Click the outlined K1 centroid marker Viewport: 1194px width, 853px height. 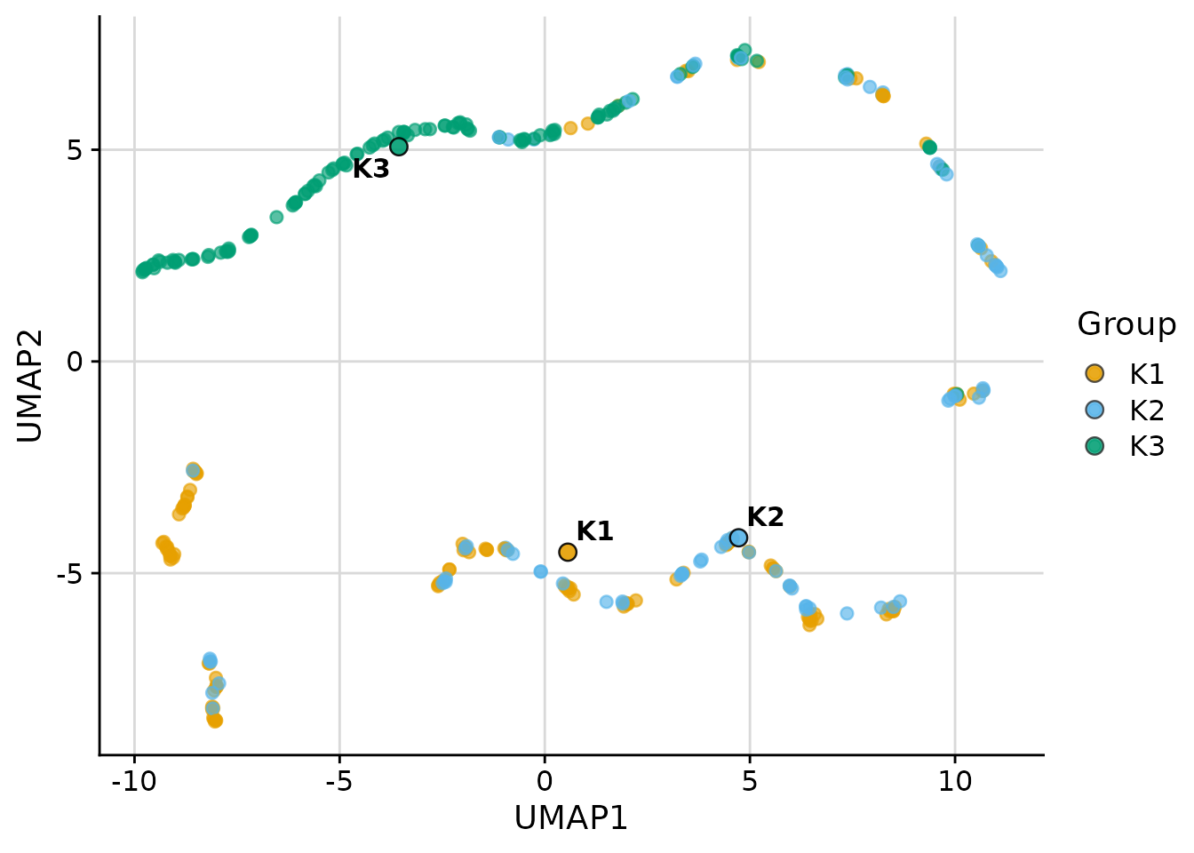(568, 552)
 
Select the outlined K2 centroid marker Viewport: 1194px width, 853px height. (738, 538)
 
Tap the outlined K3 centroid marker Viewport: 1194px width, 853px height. (399, 147)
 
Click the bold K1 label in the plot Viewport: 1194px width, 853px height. (594, 531)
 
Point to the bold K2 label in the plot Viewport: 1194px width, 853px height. (765, 517)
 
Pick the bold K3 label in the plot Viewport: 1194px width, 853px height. (370, 169)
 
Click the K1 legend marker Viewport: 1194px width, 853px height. (1094, 374)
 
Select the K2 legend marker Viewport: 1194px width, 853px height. (1094, 410)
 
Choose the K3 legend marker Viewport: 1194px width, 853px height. (1094, 445)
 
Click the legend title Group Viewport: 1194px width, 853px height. (1126, 324)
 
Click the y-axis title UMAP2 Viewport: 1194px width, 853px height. (30, 387)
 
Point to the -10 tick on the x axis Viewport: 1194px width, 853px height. (134, 782)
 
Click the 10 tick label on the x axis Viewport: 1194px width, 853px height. (955, 782)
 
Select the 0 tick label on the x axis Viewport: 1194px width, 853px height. (545, 782)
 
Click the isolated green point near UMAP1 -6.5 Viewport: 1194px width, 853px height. (276, 217)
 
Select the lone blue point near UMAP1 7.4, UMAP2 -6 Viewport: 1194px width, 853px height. (847, 613)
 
